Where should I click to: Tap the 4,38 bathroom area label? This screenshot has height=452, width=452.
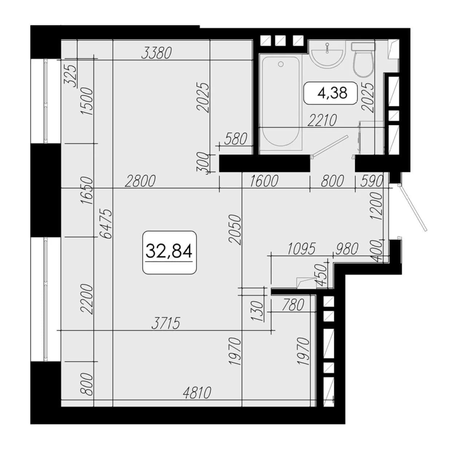pos(332,93)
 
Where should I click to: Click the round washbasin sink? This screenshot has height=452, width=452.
pos(328,55)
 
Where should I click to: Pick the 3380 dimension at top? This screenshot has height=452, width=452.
pos(157,53)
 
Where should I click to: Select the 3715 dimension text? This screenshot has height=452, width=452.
pos(166,323)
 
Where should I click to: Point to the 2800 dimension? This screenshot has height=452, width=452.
pos(140,181)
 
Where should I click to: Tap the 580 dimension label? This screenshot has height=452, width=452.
pos(236,139)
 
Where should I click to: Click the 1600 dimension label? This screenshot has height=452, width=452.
pos(264,181)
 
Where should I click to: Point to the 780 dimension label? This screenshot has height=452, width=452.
pos(293,305)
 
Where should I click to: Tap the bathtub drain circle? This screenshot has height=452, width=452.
pos(281,64)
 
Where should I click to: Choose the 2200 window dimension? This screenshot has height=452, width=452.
pos(87,299)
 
